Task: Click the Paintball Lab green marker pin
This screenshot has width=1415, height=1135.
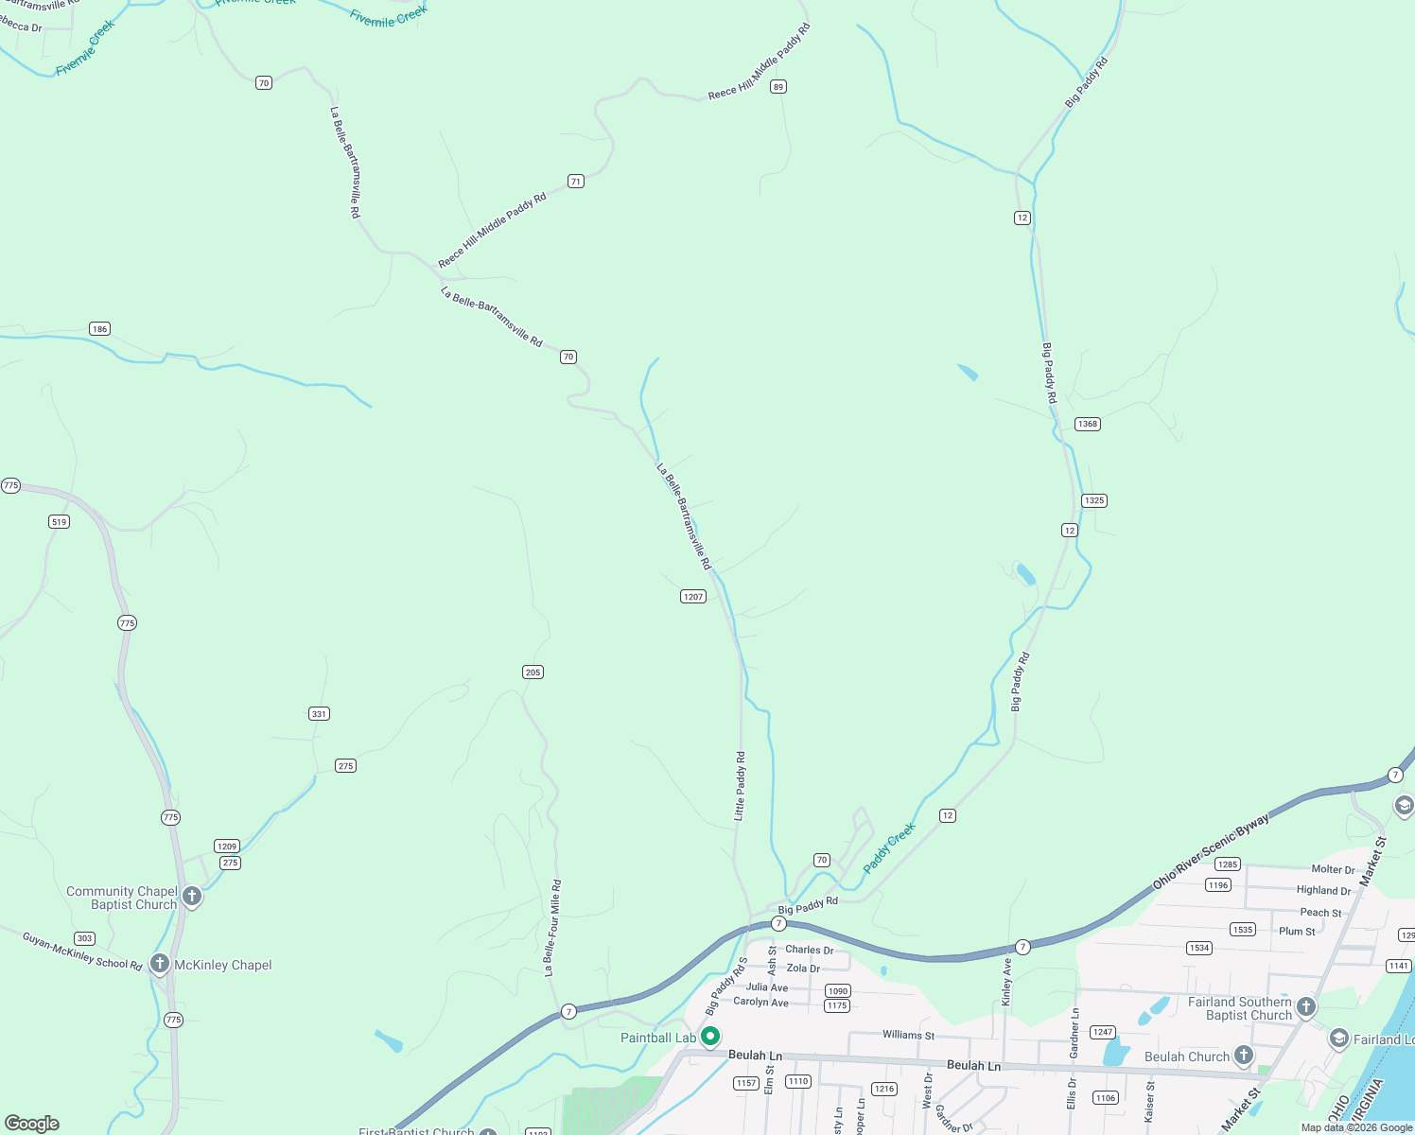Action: (710, 1037)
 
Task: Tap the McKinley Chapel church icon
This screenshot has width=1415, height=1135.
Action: (159, 965)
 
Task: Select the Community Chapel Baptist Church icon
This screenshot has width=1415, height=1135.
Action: (192, 897)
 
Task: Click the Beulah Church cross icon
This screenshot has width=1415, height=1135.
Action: (1244, 1056)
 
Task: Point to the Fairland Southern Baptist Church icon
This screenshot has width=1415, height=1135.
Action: (1306, 1007)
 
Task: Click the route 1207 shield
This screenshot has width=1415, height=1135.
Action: (693, 597)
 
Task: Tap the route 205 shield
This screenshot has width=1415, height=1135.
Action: (533, 672)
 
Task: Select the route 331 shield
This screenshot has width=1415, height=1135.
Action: (320, 714)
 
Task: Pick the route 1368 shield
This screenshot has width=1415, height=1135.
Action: (1088, 424)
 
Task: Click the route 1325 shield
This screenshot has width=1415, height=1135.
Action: (1094, 500)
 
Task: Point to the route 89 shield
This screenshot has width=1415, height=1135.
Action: (778, 87)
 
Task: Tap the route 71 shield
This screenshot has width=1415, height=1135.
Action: (576, 182)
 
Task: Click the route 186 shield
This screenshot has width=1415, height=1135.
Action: (100, 329)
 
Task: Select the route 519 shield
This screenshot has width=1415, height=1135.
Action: (60, 522)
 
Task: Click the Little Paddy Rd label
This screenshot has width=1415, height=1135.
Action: (741, 785)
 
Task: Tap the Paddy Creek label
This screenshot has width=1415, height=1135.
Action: (889, 847)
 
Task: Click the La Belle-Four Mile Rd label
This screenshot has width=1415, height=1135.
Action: (552, 927)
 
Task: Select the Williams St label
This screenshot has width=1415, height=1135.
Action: (908, 1035)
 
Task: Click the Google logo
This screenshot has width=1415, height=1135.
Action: (32, 1124)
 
